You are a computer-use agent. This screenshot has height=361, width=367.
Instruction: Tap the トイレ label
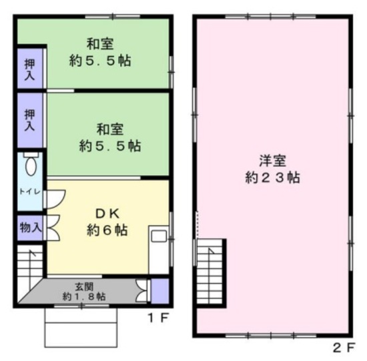coord(30,192)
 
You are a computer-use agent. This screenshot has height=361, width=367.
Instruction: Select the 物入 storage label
coord(31,227)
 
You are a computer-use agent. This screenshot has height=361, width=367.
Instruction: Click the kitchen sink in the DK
coord(158,236)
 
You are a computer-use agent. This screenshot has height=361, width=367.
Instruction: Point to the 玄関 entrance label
coord(84,286)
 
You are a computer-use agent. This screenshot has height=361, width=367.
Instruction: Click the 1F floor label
coord(157,318)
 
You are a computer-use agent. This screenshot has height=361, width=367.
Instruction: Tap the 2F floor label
coord(344,348)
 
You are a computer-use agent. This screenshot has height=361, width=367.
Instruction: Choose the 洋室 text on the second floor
coord(272,161)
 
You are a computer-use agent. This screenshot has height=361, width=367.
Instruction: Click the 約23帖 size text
coord(273,178)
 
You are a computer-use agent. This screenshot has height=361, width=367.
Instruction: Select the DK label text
coord(107,214)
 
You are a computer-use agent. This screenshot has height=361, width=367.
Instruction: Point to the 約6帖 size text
coord(107,230)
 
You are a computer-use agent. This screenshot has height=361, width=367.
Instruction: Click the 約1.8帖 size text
coord(84,296)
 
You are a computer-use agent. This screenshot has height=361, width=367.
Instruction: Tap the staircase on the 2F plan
coord(210,272)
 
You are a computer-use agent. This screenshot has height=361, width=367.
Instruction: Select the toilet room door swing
coord(55,199)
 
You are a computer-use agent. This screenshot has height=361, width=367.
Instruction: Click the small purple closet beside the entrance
coord(160,291)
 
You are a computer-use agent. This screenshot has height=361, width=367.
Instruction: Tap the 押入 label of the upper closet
coord(30,70)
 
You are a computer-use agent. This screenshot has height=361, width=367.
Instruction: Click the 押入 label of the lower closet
coord(30,120)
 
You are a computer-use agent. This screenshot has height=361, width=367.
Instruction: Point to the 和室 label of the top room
coord(100,44)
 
